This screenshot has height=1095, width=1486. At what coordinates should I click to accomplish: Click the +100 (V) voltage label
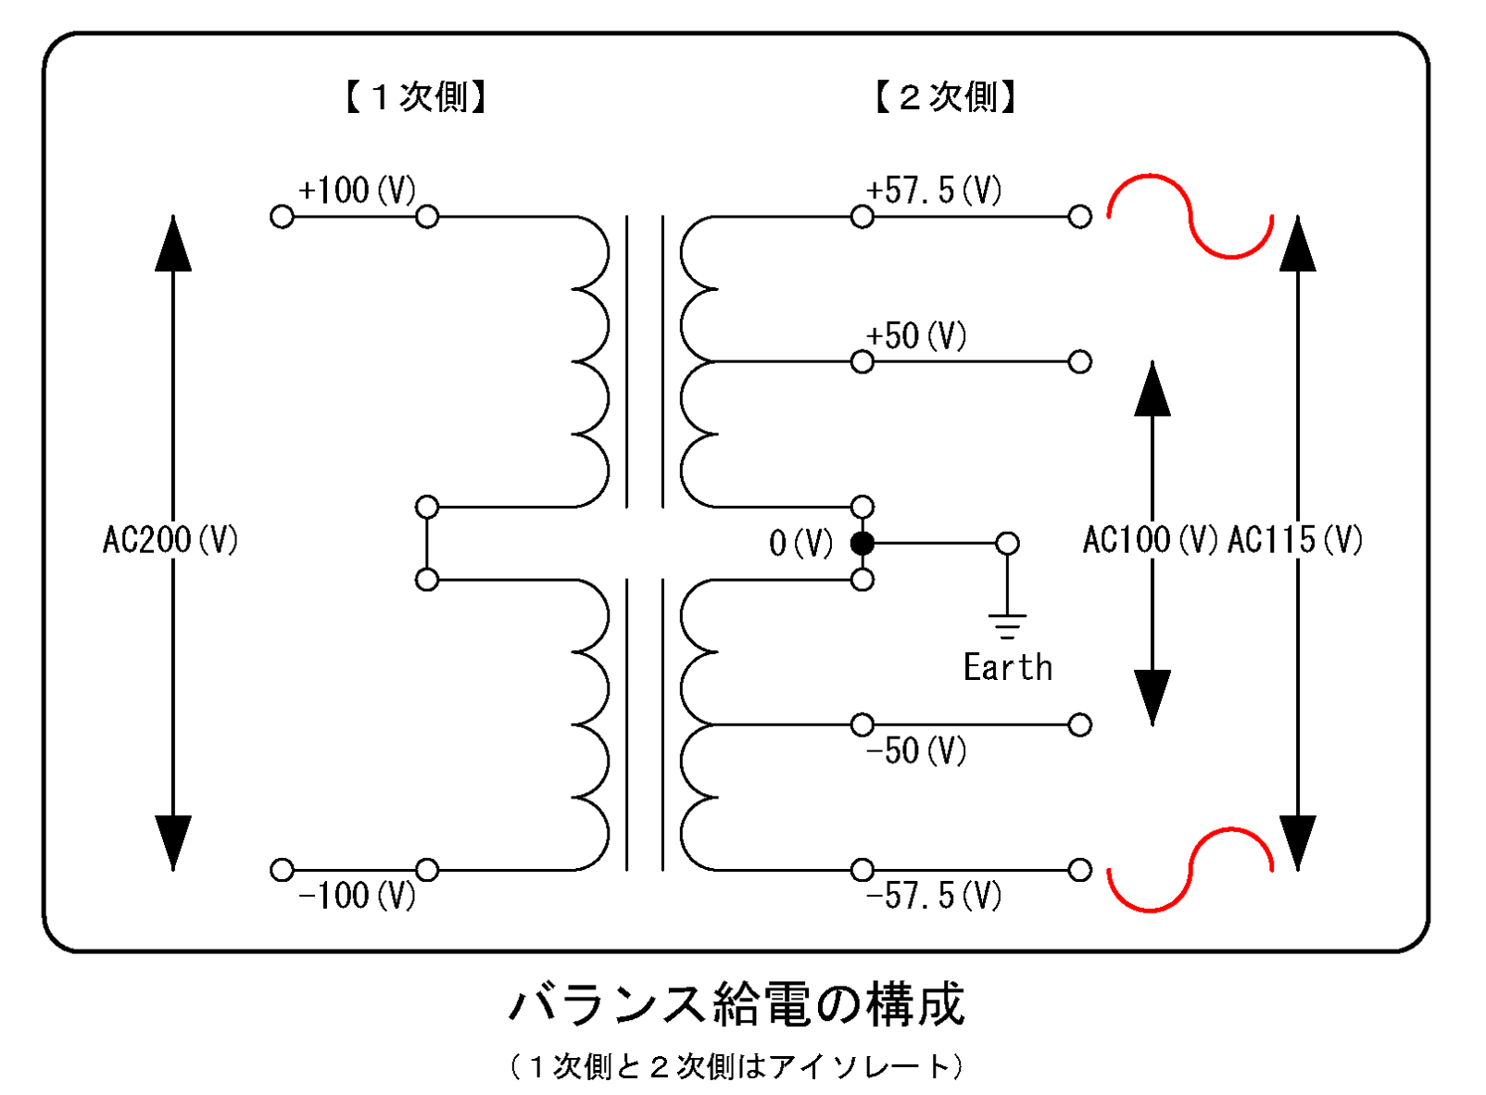(x=357, y=191)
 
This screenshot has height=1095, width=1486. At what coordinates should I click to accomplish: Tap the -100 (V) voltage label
(x=357, y=896)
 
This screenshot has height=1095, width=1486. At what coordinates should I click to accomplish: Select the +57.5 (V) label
(x=934, y=191)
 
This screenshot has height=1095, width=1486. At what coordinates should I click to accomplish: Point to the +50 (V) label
(x=916, y=335)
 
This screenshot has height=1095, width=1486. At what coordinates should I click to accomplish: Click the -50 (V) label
(x=916, y=750)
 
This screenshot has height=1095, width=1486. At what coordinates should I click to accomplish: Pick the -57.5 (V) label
(x=934, y=896)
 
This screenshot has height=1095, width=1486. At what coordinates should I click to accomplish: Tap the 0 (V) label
(x=801, y=543)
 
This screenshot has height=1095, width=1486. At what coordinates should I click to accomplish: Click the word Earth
(x=1008, y=667)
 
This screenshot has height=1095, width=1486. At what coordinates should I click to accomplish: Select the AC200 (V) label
(x=170, y=539)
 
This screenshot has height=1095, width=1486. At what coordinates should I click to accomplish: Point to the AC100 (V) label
(x=1151, y=539)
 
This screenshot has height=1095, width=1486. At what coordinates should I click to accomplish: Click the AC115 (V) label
(x=1295, y=539)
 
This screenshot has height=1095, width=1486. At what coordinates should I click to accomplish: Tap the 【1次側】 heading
(x=416, y=96)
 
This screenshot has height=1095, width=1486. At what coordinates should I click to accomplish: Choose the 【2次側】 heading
(x=945, y=96)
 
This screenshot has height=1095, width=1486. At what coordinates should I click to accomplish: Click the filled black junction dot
(x=863, y=543)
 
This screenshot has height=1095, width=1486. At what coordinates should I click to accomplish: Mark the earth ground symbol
(x=1008, y=625)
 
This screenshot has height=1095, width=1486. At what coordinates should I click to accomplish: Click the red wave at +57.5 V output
(x=1190, y=216)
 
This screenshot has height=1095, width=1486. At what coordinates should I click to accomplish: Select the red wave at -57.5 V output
(x=1190, y=869)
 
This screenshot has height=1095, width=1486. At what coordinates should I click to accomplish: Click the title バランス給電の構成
(x=737, y=1005)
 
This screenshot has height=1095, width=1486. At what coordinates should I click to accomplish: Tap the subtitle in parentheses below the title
(x=737, y=1066)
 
